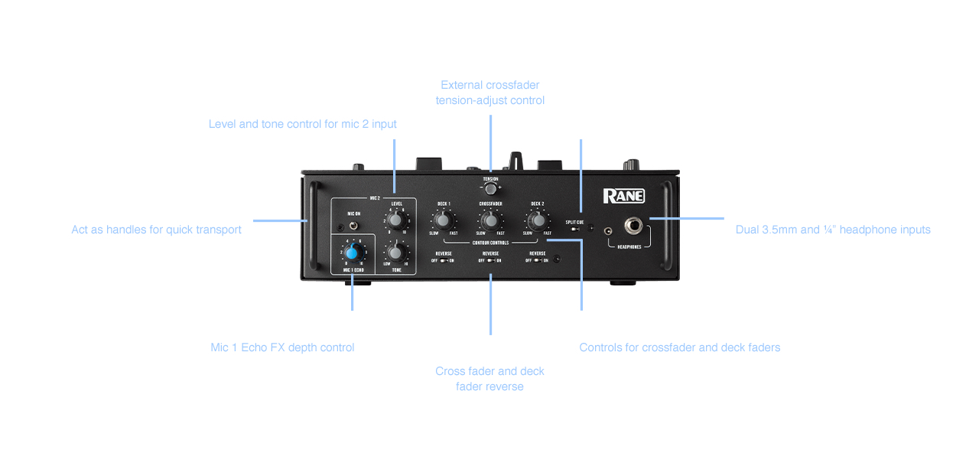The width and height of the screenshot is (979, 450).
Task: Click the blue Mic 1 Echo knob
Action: point(352,253)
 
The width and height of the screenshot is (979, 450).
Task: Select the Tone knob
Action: point(395,253)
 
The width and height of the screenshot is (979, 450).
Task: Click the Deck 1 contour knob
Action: point(443,220)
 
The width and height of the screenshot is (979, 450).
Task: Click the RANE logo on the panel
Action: point(624,196)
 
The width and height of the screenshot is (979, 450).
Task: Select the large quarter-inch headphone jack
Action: point(635,227)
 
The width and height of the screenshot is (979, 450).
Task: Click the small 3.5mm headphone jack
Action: point(609,230)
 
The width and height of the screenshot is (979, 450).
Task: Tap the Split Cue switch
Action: point(575,229)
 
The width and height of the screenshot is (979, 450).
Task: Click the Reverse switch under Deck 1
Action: point(444,260)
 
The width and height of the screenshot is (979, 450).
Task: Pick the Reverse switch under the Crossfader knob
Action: point(490,260)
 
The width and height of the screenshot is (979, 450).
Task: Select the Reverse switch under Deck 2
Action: point(537,260)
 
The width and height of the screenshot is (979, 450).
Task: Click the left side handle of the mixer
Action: point(311,227)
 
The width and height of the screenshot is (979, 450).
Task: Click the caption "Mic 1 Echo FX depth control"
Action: point(282,347)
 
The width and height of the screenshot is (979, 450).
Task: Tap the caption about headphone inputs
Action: point(833,230)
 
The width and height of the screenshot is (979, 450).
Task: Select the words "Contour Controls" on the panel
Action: point(490,242)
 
